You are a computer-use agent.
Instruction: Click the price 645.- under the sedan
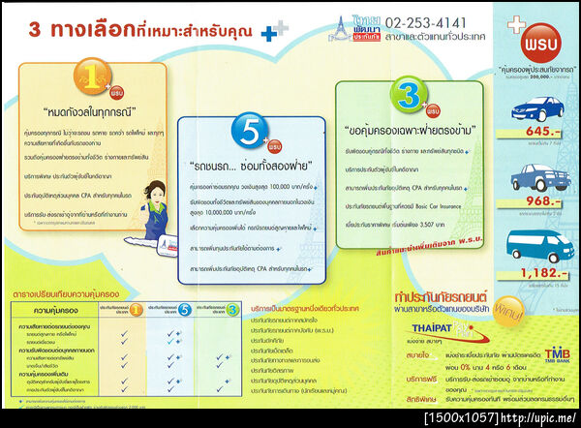tap(535, 131)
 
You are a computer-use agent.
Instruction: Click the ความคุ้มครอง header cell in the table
tap(49, 311)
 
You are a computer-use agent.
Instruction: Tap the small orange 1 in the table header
tap(138, 310)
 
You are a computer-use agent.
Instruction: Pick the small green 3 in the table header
tap(232, 310)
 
